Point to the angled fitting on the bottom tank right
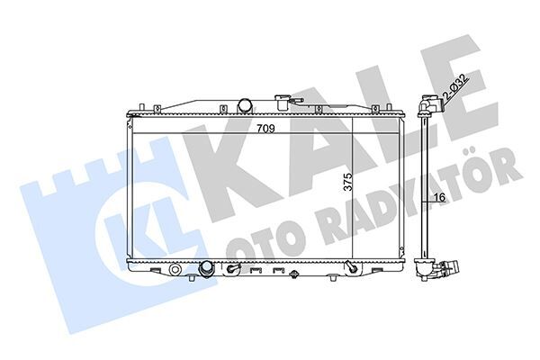(347, 266)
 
